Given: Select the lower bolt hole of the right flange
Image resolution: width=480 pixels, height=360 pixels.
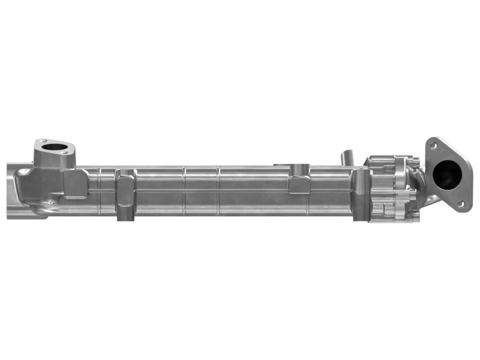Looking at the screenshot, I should click(461, 204).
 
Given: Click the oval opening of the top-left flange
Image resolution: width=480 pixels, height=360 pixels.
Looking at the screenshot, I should click(55, 146).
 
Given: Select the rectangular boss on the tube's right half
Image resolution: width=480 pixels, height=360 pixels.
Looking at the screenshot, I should click(299, 183).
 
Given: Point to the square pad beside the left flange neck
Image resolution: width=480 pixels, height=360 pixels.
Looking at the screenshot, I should click(76, 183).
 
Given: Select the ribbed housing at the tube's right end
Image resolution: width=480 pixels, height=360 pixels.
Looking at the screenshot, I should click(390, 186).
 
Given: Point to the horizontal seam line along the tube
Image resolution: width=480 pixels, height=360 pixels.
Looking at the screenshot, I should click(210, 191).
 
